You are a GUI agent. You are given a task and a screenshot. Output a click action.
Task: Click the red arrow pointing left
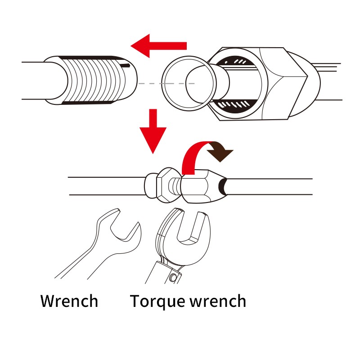tap(158, 46)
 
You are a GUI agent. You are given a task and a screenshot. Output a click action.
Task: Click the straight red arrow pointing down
tap(153, 131)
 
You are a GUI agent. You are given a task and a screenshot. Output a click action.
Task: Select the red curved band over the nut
tap(193, 156)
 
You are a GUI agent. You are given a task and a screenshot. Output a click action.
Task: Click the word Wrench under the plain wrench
tap(69, 301)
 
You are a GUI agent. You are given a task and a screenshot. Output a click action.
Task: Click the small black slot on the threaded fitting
tap(126, 66)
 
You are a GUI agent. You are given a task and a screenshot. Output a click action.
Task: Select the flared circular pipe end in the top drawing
tap(189, 83)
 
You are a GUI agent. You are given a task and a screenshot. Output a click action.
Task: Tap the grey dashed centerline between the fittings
tap(166, 84)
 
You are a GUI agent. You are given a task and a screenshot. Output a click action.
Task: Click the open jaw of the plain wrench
tap(125, 229)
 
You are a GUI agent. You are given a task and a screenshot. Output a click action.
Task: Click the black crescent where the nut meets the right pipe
tap(222, 186)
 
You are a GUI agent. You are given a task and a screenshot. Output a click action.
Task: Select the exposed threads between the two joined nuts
tap(175, 186)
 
